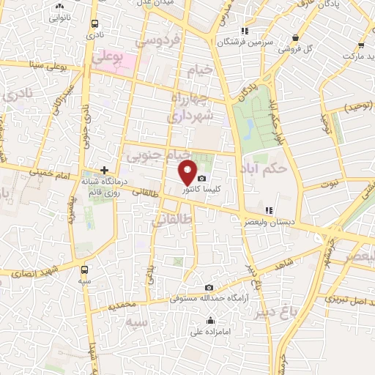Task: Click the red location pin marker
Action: pyautogui.click(x=188, y=171)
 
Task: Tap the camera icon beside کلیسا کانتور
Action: pyautogui.click(x=201, y=178)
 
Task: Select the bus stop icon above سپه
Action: pyautogui.click(x=85, y=269)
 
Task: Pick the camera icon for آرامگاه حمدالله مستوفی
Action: pyautogui.click(x=210, y=287)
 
